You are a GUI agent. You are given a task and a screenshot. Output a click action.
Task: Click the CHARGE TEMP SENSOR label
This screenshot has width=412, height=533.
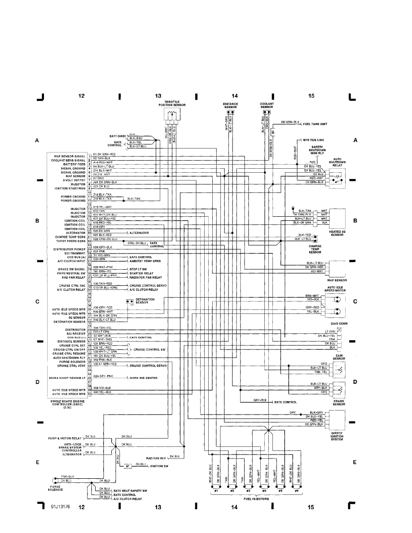pyautogui.click(x=315, y=249)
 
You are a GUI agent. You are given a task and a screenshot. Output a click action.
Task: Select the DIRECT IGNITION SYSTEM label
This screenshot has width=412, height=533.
pyautogui.click(x=336, y=436)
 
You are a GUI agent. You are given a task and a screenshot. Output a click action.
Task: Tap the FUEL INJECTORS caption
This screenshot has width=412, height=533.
pyautogui.click(x=256, y=498)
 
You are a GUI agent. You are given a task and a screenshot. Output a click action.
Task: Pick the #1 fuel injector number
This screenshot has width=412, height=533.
pyautogui.click(x=215, y=491)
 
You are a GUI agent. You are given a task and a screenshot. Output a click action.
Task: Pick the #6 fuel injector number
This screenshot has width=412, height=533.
pyautogui.click(x=296, y=491)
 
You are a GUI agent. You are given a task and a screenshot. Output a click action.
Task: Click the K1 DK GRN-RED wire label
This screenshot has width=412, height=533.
pyautogui.click(x=104, y=154)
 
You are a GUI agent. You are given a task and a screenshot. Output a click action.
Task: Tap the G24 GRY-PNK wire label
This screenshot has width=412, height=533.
pyautogui.click(x=104, y=376)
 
